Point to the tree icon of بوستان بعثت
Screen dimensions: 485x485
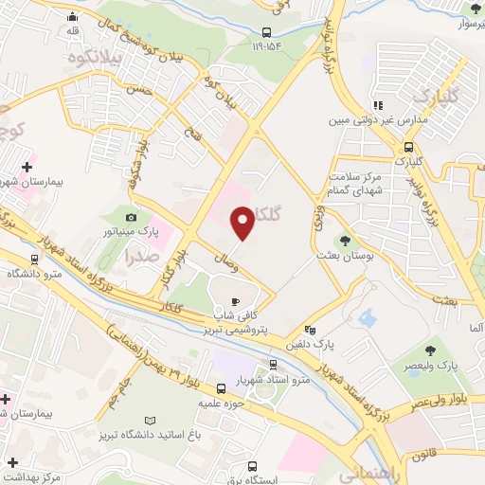(345, 242)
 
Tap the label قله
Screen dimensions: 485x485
(74, 30)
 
